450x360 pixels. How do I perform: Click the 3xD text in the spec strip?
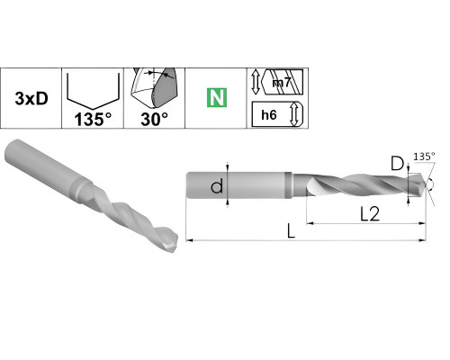click(31, 98)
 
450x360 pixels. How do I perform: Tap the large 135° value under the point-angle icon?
click(93, 119)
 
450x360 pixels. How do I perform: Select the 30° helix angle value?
click(154, 119)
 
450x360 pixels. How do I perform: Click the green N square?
click(217, 98)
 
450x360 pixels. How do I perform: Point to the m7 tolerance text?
click(282, 82)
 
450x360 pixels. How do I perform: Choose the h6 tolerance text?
click(269, 114)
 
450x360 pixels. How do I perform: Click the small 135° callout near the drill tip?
click(424, 157)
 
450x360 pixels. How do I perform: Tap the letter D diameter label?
click(398, 164)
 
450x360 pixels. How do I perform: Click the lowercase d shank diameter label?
click(217, 185)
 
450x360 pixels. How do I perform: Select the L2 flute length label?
click(370, 214)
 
